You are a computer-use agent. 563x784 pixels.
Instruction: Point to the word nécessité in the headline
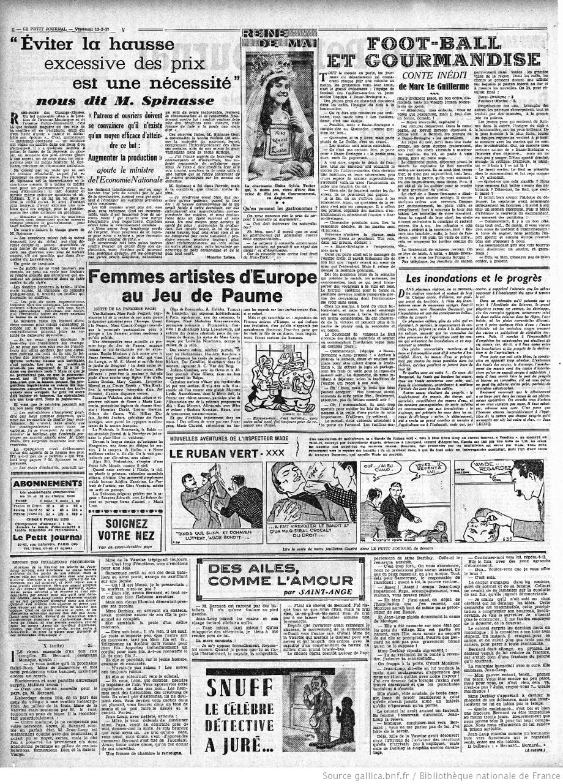pyautogui.click(x=177, y=80)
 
